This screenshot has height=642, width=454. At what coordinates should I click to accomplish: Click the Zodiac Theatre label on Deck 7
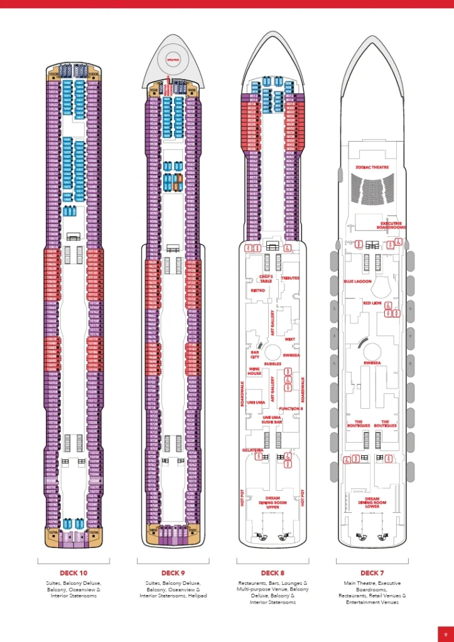point(372,167)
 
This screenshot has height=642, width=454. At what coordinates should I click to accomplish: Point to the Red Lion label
point(372,303)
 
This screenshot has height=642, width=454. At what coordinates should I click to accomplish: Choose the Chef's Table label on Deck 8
point(266,278)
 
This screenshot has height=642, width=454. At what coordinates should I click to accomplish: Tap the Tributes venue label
point(290,277)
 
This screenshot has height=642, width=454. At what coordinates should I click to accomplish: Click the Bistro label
point(257,290)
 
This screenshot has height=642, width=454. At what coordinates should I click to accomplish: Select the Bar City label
point(255,354)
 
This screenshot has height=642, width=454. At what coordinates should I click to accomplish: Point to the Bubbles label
point(272,363)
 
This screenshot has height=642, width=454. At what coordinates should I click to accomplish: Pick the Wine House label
point(254,371)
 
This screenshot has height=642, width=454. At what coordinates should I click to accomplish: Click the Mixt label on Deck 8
point(289,339)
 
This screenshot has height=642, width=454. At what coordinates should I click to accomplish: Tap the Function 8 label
point(291,408)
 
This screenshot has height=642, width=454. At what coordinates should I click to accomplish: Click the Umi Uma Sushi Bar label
point(272,420)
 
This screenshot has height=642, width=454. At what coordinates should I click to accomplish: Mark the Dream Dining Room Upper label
point(272,502)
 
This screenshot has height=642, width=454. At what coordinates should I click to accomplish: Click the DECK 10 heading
point(73,572)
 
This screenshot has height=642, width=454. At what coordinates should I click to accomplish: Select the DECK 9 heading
point(173,572)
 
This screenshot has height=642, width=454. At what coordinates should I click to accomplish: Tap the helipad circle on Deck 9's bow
point(172,60)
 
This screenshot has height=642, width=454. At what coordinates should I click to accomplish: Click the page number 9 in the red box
point(445,633)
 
